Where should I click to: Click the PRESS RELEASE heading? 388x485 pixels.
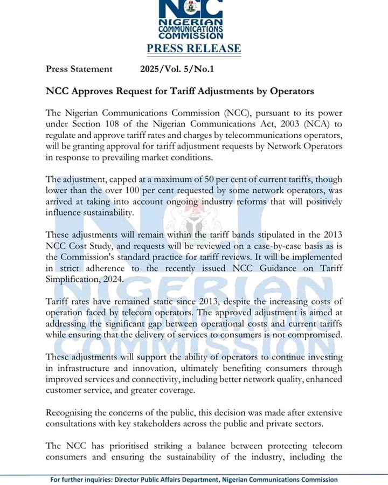click(193, 48)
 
